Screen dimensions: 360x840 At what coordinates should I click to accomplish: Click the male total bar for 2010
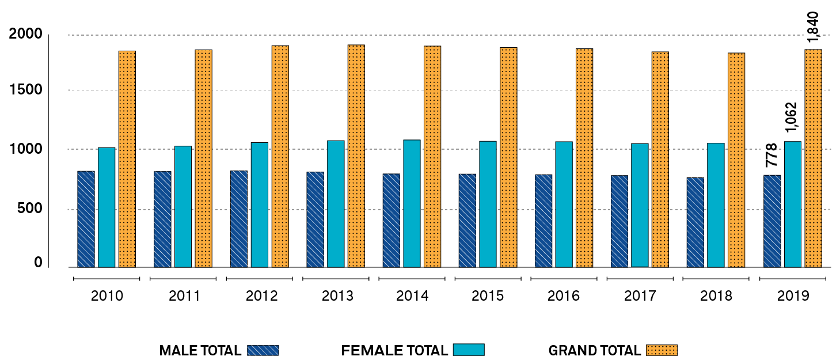(86, 219)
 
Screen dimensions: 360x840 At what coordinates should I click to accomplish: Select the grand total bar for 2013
(356, 156)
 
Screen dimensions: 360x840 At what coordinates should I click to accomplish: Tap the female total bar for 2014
(412, 203)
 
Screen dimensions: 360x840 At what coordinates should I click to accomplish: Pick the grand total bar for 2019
(813, 158)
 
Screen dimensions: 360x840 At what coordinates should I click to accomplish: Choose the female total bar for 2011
(183, 206)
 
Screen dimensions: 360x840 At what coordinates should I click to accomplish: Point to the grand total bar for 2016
(584, 158)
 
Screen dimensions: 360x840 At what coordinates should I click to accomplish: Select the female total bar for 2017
(640, 205)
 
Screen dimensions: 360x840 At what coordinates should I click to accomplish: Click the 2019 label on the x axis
(793, 296)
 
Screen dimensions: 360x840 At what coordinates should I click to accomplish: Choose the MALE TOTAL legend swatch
(263, 350)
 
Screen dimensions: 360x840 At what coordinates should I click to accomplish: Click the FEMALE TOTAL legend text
(394, 350)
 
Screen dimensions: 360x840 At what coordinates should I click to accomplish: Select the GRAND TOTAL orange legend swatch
(662, 350)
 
